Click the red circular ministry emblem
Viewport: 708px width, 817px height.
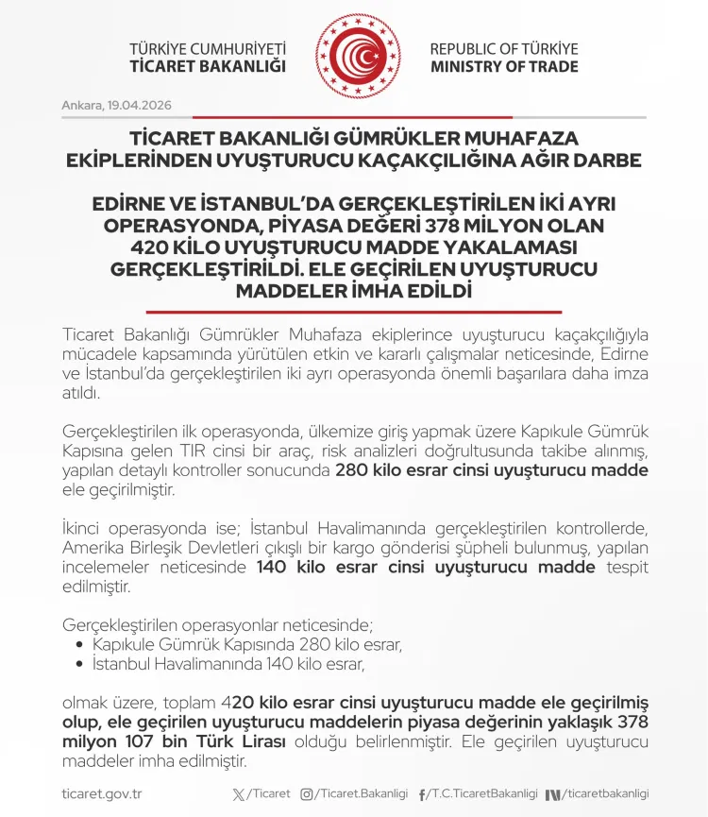point(354,57)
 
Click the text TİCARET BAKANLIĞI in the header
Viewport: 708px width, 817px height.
point(208,67)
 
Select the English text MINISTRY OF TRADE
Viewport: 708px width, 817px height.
point(504,67)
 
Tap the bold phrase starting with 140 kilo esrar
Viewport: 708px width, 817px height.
point(426,568)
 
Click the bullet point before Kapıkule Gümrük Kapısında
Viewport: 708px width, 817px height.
point(80,646)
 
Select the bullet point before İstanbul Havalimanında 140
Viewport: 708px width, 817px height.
point(80,665)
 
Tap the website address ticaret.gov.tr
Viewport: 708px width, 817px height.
point(101,794)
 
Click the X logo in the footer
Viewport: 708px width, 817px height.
point(238,794)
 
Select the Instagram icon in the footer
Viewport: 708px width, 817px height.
point(306,794)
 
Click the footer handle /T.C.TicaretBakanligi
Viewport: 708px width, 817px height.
point(481,794)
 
